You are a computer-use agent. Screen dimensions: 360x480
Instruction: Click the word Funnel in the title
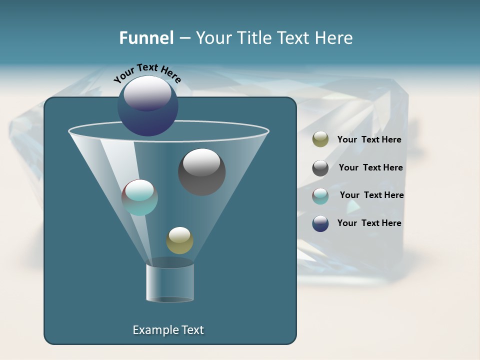tap(146, 37)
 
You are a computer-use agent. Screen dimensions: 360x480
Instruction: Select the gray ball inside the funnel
tap(202, 172)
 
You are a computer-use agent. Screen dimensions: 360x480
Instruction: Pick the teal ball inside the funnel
tap(139, 197)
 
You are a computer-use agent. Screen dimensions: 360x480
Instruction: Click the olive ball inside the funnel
tap(179, 240)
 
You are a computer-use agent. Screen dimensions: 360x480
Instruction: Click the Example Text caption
tap(168, 330)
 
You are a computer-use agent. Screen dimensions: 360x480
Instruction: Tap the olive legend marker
tap(320, 139)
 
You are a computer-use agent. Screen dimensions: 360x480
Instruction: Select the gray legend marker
tap(320, 168)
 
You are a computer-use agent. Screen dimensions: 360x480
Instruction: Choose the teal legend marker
tap(320, 196)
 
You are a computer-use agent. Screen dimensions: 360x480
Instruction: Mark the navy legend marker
tap(320, 223)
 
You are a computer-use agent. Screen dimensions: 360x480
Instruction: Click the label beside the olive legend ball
tap(369, 139)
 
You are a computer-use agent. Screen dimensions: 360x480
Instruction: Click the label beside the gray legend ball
tap(370, 167)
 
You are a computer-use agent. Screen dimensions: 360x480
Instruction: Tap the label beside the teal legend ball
tap(371, 195)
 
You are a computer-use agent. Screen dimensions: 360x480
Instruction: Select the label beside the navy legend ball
tap(369, 223)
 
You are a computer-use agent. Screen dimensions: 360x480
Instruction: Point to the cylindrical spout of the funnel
tap(170, 282)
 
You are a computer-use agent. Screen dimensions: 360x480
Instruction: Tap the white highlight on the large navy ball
tap(147, 92)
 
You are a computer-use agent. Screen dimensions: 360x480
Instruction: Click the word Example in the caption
tap(153, 330)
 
